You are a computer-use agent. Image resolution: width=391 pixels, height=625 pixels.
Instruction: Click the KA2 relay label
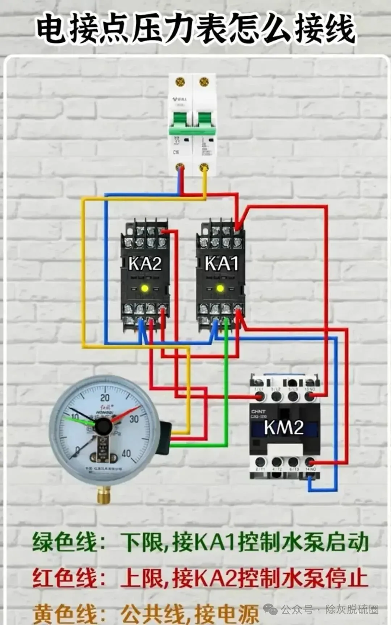click(145, 263)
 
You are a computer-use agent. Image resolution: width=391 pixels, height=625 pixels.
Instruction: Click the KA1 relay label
click(222, 263)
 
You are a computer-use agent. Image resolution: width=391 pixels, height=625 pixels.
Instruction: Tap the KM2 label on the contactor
click(283, 428)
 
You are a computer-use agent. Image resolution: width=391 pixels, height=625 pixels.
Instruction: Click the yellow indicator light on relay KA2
click(145, 289)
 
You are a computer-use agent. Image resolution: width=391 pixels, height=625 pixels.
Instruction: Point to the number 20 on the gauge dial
click(105, 398)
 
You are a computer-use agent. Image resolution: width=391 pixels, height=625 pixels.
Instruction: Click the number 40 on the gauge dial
click(126, 453)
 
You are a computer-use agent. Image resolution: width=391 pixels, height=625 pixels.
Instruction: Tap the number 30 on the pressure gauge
click(134, 419)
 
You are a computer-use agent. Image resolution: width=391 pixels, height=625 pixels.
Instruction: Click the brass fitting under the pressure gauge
click(104, 495)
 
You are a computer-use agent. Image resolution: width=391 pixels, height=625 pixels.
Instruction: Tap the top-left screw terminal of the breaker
click(180, 82)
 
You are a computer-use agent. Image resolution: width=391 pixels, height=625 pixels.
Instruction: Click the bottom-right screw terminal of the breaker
click(204, 167)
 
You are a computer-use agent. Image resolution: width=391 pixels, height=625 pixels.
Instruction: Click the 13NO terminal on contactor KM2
click(310, 396)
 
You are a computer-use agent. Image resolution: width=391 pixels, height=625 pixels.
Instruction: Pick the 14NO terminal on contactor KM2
click(310, 462)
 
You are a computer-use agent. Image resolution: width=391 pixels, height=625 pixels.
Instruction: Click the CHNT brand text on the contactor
click(258, 412)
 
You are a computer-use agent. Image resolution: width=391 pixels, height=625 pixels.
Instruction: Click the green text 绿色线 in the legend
click(65, 542)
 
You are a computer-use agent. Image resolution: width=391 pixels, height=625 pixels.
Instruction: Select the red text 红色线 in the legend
click(65, 578)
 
